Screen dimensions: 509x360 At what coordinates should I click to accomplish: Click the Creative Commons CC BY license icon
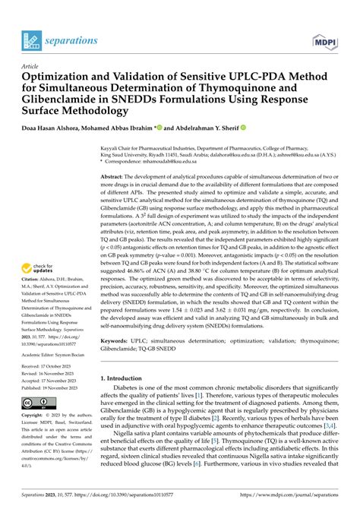point(38,402)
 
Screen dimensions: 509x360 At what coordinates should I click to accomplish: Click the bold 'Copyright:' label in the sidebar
point(36,416)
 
